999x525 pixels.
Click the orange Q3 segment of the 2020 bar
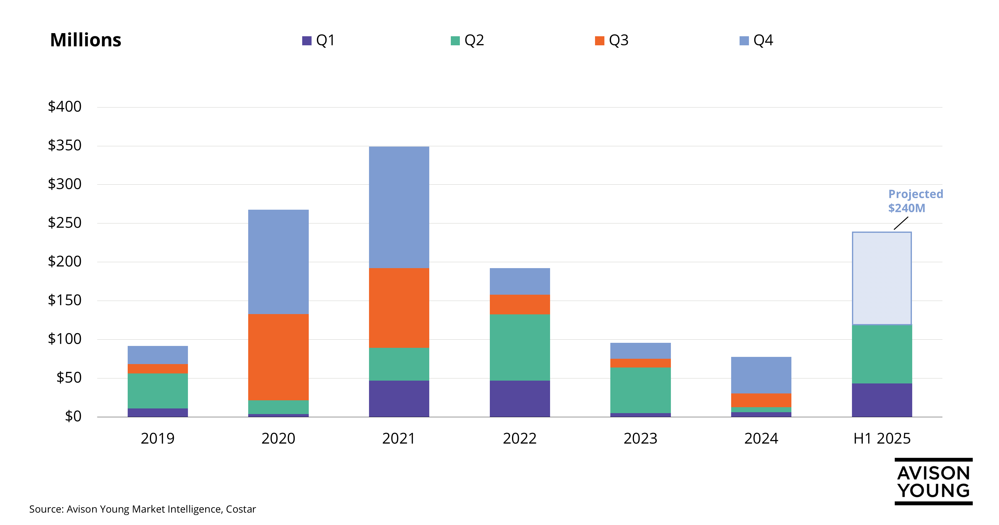(278, 357)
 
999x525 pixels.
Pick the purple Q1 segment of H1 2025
(882, 400)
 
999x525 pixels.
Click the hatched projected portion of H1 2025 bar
(882, 278)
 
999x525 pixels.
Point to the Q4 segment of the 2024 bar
(761, 375)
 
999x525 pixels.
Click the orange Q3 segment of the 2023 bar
(640, 363)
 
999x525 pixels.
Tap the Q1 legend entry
(319, 40)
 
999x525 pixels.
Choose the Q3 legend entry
(612, 40)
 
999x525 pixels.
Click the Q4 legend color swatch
(744, 41)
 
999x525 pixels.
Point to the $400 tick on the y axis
(64, 107)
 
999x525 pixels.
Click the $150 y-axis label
(64, 300)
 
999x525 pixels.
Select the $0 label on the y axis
(73, 416)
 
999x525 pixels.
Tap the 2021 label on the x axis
(399, 438)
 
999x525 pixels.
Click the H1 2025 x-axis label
(882, 438)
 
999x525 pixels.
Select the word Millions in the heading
(86, 40)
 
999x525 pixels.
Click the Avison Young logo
(933, 482)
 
